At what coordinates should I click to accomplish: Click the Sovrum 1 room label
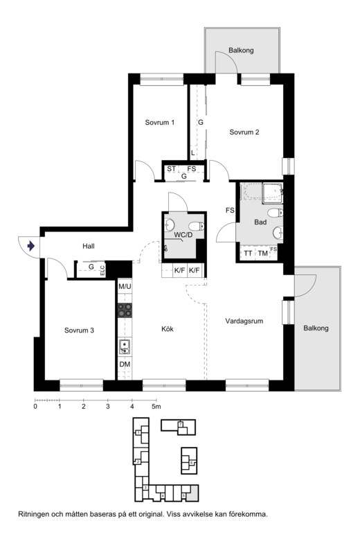pyautogui.click(x=160, y=123)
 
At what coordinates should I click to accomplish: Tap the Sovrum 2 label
pyautogui.click(x=244, y=132)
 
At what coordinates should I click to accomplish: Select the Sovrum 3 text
pyautogui.click(x=79, y=331)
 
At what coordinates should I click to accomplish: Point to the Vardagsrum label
pyautogui.click(x=244, y=321)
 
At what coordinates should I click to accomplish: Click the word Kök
pyautogui.click(x=168, y=329)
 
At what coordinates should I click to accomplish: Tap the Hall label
pyautogui.click(x=89, y=246)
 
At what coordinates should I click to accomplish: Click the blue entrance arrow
pyautogui.click(x=31, y=246)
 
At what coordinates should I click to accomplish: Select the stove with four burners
pyautogui.click(x=125, y=310)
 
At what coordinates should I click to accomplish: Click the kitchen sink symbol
pyautogui.click(x=125, y=347)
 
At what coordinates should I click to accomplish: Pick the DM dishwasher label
pyautogui.click(x=125, y=364)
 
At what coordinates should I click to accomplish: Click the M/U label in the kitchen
pyautogui.click(x=125, y=287)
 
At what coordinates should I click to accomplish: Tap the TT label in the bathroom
pyautogui.click(x=248, y=254)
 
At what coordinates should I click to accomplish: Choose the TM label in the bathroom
pyautogui.click(x=263, y=254)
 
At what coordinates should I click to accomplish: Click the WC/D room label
pyautogui.click(x=183, y=235)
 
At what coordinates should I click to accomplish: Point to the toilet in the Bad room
pyautogui.click(x=276, y=213)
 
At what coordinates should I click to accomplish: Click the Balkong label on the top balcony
pyautogui.click(x=241, y=50)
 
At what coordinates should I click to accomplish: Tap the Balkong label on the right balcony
pyautogui.click(x=316, y=328)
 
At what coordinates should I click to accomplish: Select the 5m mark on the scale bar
pyautogui.click(x=156, y=406)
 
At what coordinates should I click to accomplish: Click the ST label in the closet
pyautogui.click(x=171, y=169)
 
